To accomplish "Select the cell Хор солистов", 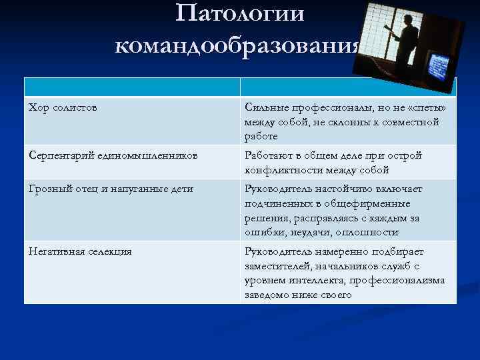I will (x=63, y=107).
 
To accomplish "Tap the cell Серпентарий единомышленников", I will (x=113, y=155).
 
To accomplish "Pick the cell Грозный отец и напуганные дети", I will (x=111, y=189).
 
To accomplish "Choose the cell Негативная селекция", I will (x=80, y=251).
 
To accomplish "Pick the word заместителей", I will (x=279, y=266).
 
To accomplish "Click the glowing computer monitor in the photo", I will (x=437, y=66).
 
